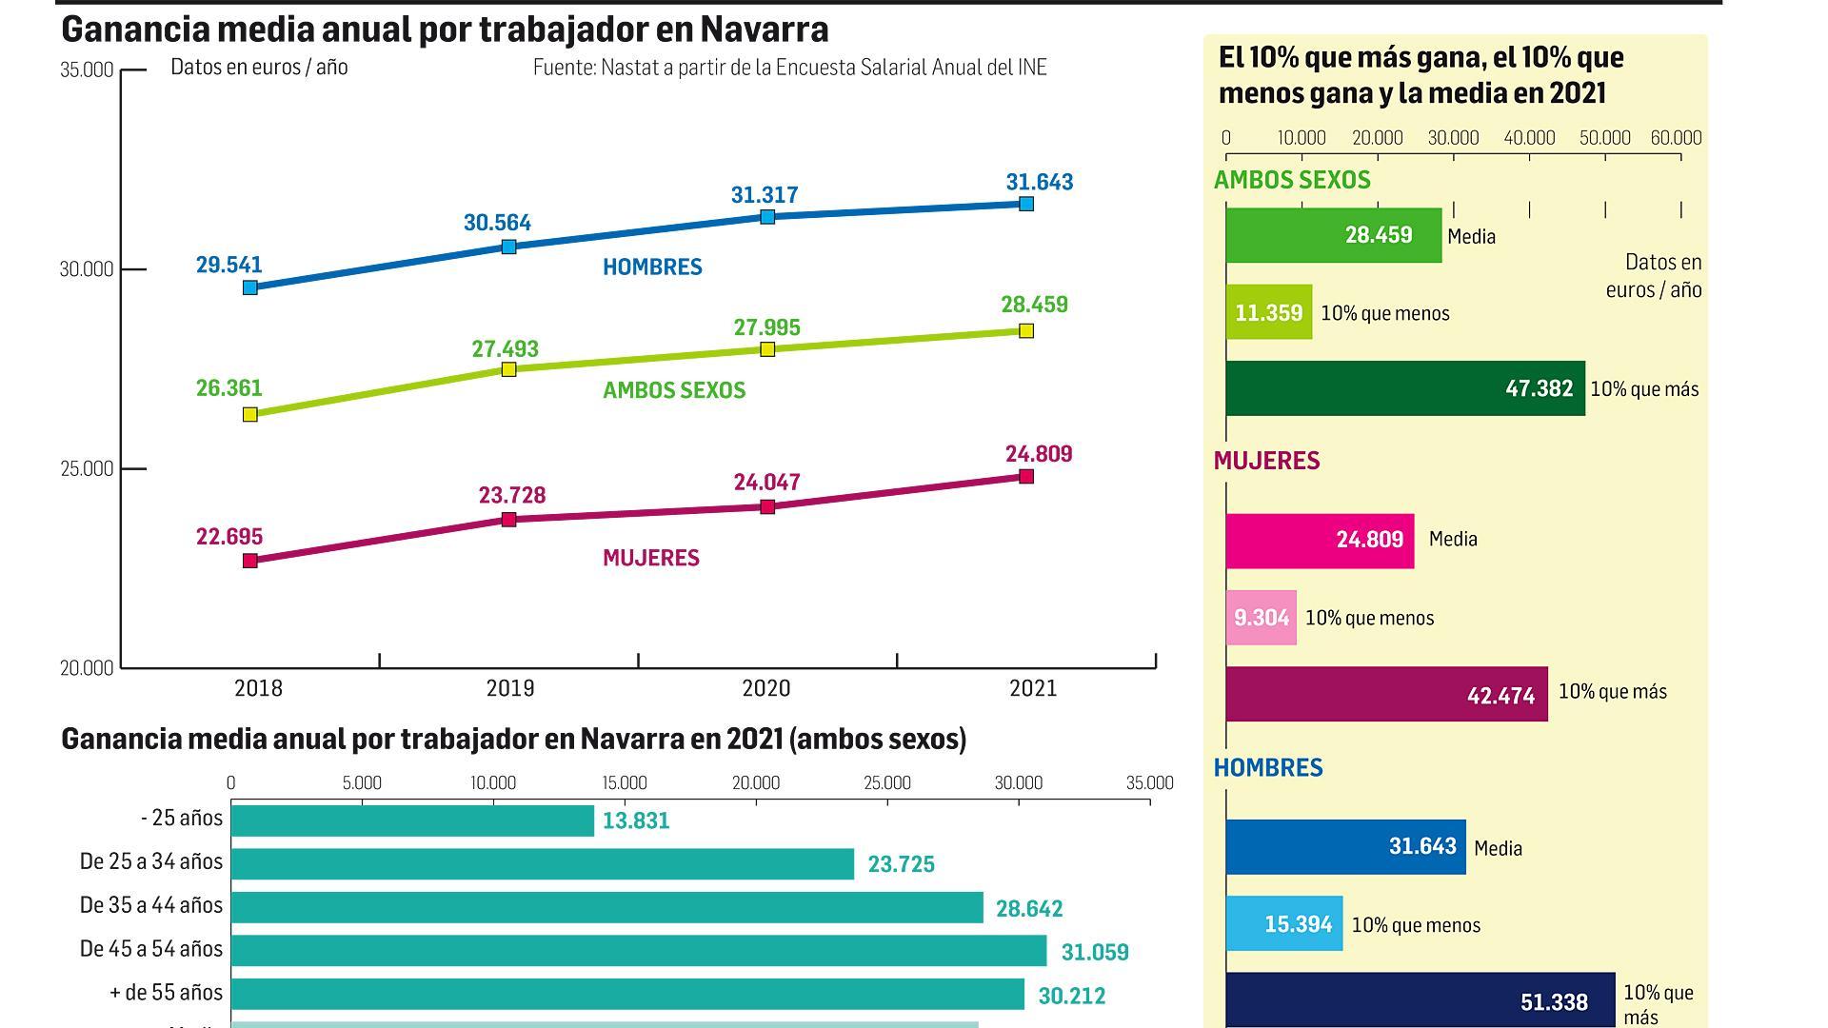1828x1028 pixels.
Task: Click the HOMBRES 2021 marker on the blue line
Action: click(x=1025, y=204)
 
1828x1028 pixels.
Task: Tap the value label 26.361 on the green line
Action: click(x=228, y=388)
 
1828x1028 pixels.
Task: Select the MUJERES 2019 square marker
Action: click(x=508, y=520)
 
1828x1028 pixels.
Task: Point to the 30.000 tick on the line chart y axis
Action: click(x=87, y=269)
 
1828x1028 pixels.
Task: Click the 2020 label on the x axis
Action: click(x=765, y=688)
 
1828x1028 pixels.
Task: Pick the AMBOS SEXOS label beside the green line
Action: click(x=674, y=390)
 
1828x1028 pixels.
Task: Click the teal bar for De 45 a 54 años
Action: click(x=638, y=950)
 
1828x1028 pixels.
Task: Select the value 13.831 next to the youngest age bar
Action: click(x=636, y=820)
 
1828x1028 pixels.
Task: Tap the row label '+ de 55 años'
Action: click(x=166, y=993)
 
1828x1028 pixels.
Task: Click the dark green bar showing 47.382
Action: click(x=1404, y=388)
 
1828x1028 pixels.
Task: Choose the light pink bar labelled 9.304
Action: click(x=1261, y=618)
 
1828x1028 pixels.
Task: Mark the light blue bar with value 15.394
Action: click(x=1283, y=923)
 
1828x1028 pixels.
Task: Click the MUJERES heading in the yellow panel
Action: click(x=1266, y=461)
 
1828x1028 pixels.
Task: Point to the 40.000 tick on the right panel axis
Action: click(x=1529, y=138)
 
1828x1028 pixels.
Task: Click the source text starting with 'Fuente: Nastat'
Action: click(x=789, y=68)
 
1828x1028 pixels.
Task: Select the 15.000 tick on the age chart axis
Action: click(x=625, y=783)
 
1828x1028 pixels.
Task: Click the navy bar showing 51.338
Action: click(x=1420, y=1000)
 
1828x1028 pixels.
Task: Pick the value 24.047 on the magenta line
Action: click(x=766, y=483)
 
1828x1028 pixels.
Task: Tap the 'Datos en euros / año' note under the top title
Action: click(x=259, y=68)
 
